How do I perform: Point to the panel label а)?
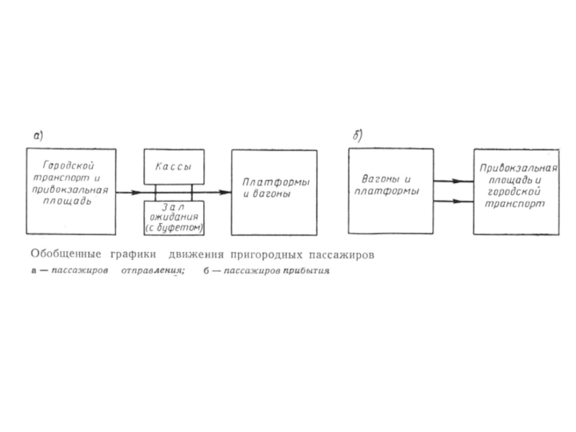(x=38, y=136)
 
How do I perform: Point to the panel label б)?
(x=357, y=135)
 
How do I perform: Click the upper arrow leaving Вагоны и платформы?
(x=454, y=181)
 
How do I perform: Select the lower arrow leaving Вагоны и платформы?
(x=454, y=202)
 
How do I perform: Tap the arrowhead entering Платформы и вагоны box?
(x=224, y=192)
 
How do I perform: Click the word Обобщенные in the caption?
(x=66, y=254)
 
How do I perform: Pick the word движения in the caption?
(x=196, y=254)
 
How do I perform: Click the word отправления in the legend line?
(x=153, y=271)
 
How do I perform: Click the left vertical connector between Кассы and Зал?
(x=156, y=192)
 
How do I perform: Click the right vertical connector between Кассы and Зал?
(x=192, y=192)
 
